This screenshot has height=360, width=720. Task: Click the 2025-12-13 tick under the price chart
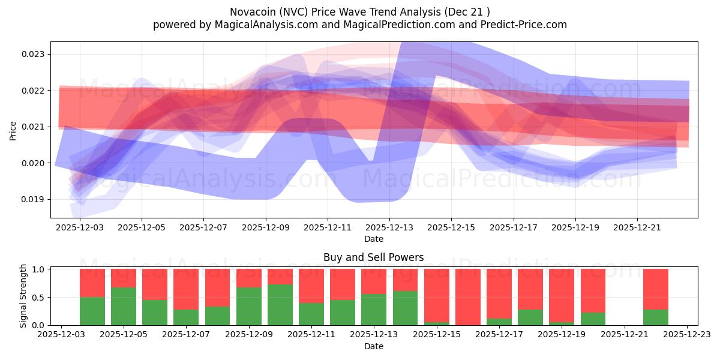pyautogui.click(x=389, y=227)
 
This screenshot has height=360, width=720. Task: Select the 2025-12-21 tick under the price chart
pyautogui.click(x=637, y=227)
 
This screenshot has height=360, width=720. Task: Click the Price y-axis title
pyautogui.click(x=13, y=130)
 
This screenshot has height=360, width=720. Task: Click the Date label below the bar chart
pyautogui.click(x=373, y=346)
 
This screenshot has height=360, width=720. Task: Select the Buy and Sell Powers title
pyautogui.click(x=373, y=257)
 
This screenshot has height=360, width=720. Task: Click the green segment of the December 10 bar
pyautogui.click(x=280, y=305)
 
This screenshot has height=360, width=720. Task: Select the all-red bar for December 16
pyautogui.click(x=468, y=297)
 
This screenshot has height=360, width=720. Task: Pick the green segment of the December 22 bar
pyautogui.click(x=656, y=317)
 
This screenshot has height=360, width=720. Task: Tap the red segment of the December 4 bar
pyautogui.click(x=92, y=283)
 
